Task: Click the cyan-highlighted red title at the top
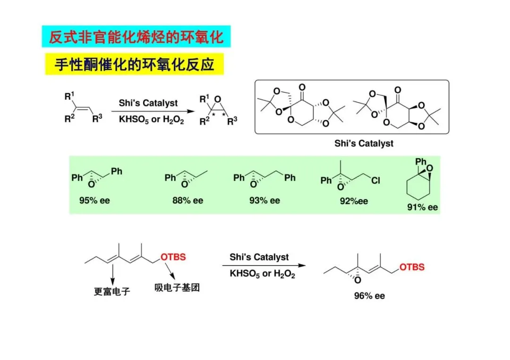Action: (136, 37)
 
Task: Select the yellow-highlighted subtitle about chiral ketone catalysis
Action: (134, 64)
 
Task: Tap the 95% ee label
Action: (94, 200)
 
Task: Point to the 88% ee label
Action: (187, 200)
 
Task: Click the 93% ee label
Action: (264, 200)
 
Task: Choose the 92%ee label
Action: (354, 201)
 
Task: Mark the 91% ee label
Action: (423, 207)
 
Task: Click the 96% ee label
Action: (369, 296)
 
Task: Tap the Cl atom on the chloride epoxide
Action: (375, 180)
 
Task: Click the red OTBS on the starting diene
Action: (173, 257)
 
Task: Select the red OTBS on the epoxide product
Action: (412, 267)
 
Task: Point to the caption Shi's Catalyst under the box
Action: (364, 143)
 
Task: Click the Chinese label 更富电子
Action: (112, 292)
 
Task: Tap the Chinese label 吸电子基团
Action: (177, 287)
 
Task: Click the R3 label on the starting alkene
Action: (97, 118)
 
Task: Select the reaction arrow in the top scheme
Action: (152, 112)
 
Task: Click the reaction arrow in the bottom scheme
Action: (263, 266)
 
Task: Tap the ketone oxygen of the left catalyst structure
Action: (302, 87)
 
